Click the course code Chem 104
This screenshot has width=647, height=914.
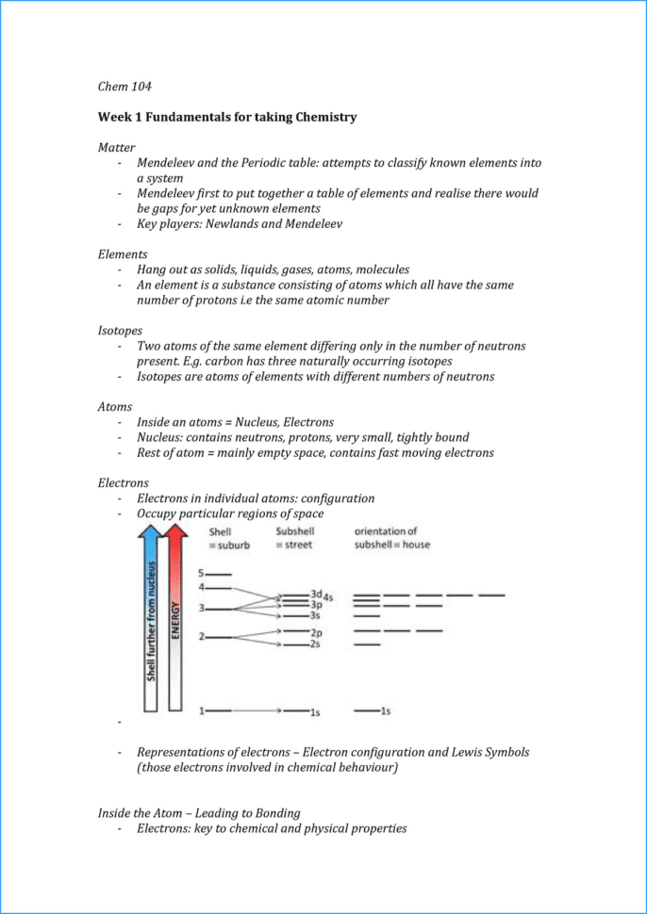coord(124,87)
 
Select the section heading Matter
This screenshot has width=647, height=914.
coord(117,148)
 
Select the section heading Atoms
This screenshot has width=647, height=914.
coord(115,407)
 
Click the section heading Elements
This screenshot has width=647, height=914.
coord(123,254)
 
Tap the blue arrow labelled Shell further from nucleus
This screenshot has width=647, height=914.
coord(150,622)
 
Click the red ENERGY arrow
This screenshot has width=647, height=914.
coord(175,622)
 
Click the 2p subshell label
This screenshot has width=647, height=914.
coord(317,632)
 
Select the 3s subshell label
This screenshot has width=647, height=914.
coord(316,614)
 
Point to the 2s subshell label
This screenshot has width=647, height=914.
coord(316,645)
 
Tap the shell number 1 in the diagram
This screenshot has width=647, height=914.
coord(201,710)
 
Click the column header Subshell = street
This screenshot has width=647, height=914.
coord(295,538)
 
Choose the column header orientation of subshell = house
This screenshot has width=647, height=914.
coord(390,538)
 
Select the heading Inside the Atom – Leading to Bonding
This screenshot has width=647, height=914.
coord(211,812)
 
